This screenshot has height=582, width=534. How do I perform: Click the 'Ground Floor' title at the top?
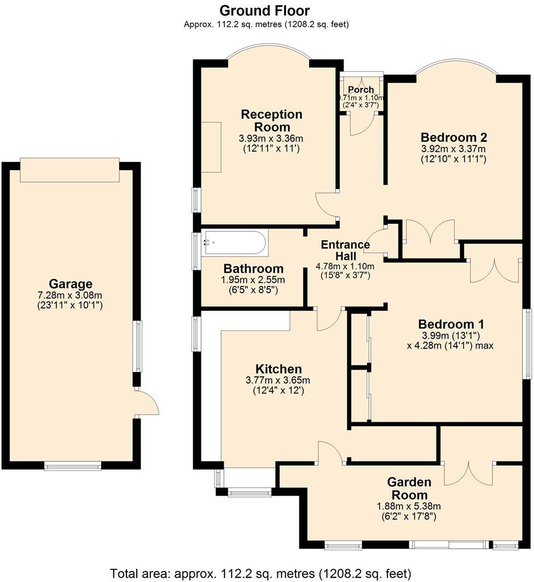click(x=265, y=10)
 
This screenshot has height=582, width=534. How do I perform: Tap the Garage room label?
click(x=71, y=284)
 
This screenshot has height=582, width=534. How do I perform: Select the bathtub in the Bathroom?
click(x=235, y=243)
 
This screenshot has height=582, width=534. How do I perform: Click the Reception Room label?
click(x=272, y=120)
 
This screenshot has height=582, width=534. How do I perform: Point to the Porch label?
click(x=361, y=90)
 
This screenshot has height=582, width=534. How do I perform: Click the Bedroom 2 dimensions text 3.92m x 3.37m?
click(x=454, y=149)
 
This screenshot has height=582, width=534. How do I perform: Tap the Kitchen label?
click(x=278, y=369)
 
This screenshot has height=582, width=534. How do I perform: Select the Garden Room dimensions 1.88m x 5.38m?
click(x=409, y=506)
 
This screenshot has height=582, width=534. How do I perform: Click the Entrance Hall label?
click(x=345, y=251)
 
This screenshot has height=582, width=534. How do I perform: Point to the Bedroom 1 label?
click(x=450, y=324)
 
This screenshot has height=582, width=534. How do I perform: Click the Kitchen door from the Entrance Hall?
click(x=329, y=320)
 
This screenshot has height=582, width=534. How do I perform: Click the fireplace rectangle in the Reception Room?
click(x=211, y=147)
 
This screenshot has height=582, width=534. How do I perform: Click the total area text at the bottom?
click(x=260, y=574)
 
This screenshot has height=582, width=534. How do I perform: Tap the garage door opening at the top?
click(x=69, y=170)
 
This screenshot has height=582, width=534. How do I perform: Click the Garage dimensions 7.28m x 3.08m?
click(x=71, y=295)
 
